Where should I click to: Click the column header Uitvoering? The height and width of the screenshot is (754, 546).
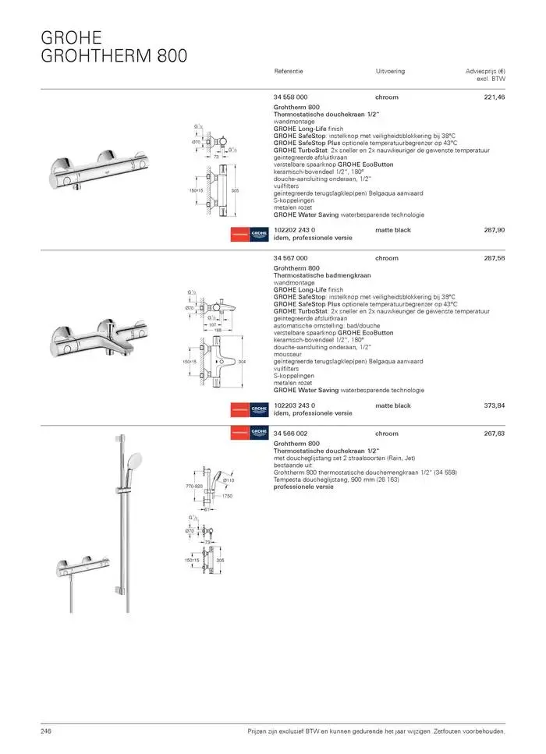390,71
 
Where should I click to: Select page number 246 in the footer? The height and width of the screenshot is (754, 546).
46,731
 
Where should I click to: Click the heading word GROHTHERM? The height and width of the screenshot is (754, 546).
96,55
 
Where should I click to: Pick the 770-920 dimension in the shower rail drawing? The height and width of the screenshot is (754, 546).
194,486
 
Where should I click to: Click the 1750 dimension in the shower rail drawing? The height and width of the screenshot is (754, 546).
228,496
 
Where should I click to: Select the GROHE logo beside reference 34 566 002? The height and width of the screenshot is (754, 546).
259,433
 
